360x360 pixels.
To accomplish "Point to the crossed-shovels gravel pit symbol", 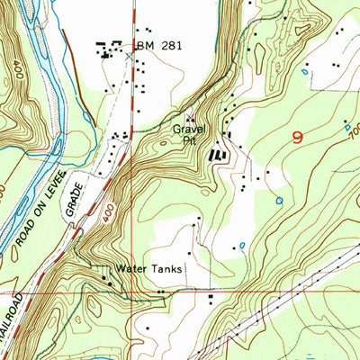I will (190, 118).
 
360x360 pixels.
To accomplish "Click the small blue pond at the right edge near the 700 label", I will (347, 128).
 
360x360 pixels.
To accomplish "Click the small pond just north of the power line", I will (242, 244).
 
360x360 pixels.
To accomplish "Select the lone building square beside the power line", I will (212, 296).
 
